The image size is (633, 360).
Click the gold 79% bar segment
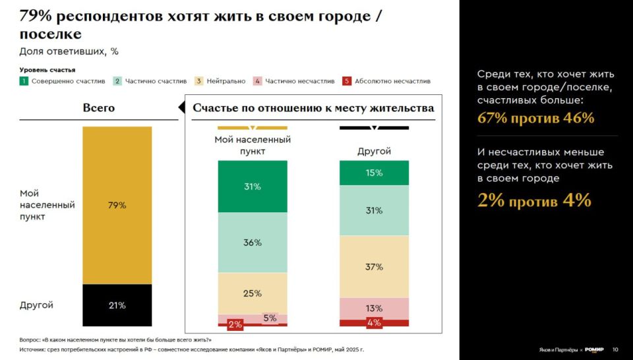click(x=117, y=205)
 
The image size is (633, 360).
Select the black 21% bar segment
click(x=117, y=305)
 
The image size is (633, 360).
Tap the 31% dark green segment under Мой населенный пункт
click(x=253, y=187)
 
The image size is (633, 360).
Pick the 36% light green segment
click(x=253, y=243)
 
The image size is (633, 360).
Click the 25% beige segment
click(x=253, y=293)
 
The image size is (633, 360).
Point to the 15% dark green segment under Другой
click(x=374, y=173)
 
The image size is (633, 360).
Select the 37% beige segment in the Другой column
click(x=374, y=266)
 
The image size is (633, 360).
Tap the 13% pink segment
click(x=374, y=308)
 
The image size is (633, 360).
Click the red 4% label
click(x=374, y=322)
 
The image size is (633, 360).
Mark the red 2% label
click(x=235, y=324)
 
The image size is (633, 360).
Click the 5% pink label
click(x=270, y=318)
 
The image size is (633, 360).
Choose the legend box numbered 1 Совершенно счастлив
click(x=24, y=81)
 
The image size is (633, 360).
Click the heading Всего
click(x=99, y=108)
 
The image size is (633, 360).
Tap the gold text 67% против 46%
click(x=535, y=119)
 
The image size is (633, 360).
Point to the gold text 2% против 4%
click(x=534, y=200)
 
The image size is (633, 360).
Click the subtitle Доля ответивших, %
click(x=69, y=51)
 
